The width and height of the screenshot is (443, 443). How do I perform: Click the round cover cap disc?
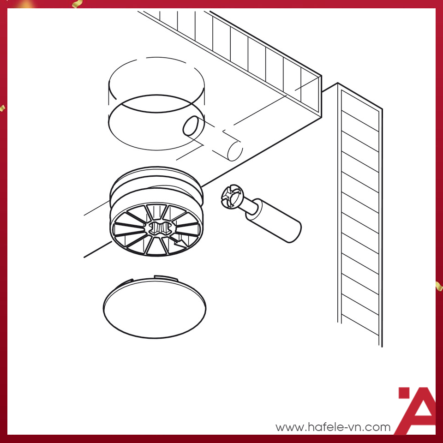tap(155, 308)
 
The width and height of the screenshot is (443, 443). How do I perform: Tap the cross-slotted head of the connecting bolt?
tap(231, 197)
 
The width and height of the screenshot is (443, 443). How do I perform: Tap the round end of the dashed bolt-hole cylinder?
tap(235, 151)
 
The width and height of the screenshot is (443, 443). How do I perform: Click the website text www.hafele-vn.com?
tap(333, 427)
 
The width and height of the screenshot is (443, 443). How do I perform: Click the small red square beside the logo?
tap(404, 393)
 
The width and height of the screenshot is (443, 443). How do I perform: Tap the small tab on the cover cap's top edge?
tap(166, 278)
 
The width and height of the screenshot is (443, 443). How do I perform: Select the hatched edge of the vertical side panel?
tap(360, 215)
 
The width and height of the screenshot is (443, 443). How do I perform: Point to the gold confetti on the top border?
tap(77, 4)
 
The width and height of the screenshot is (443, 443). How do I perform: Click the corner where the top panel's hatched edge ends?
tap(321, 76)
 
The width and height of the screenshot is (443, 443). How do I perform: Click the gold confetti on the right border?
tap(439, 286)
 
